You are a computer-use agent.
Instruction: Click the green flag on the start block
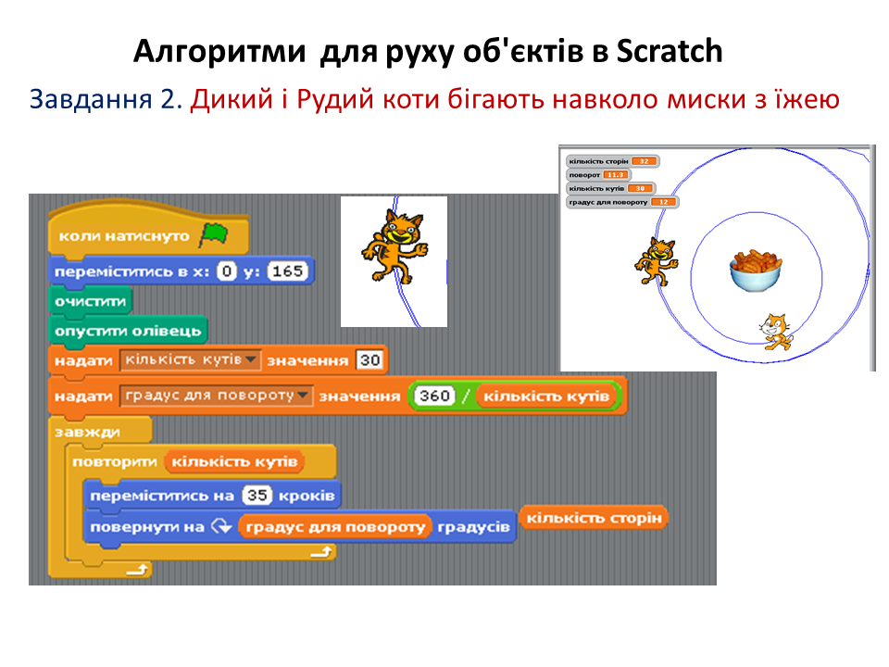213,235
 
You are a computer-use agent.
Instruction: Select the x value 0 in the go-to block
227,271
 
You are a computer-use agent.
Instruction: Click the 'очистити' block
89,301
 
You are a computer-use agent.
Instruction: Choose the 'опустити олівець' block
128,331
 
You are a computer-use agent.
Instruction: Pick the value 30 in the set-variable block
369,360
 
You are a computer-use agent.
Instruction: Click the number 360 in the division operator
433,396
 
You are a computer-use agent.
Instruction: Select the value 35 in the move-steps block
257,496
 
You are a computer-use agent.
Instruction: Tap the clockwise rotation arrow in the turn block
220,527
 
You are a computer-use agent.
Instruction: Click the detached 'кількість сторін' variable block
595,518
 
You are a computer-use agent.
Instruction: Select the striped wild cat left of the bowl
656,261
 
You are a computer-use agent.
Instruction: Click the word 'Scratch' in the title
669,52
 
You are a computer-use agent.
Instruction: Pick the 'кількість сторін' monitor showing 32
612,161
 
